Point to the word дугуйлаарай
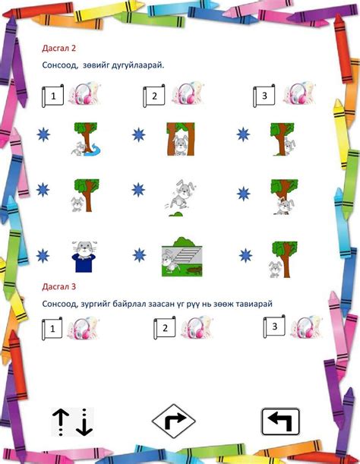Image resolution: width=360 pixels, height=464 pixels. [x=137, y=66]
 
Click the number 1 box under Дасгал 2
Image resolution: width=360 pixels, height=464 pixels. [x=52, y=97]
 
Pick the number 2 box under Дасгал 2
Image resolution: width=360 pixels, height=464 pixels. [x=154, y=96]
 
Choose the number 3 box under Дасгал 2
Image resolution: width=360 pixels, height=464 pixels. [x=264, y=95]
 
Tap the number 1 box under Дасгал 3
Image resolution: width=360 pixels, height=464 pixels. [x=52, y=330]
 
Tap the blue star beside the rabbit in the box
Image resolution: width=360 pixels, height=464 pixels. [x=42, y=256]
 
